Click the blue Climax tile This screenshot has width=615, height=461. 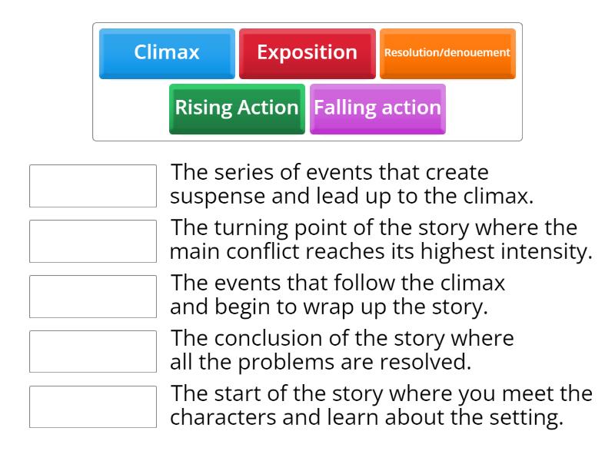[x=167, y=53]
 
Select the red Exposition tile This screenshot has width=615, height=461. [x=307, y=53]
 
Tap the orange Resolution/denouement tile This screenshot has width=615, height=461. [x=447, y=53]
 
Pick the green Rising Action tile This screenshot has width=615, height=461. [x=237, y=108]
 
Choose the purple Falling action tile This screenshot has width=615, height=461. [x=377, y=108]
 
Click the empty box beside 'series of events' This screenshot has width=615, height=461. [x=92, y=185]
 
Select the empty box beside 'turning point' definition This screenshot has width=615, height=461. [x=92, y=240]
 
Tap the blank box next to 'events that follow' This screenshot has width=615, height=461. [x=92, y=296]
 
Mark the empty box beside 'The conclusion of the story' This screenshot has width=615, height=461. [x=92, y=351]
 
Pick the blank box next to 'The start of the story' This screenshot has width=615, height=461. [x=92, y=406]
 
